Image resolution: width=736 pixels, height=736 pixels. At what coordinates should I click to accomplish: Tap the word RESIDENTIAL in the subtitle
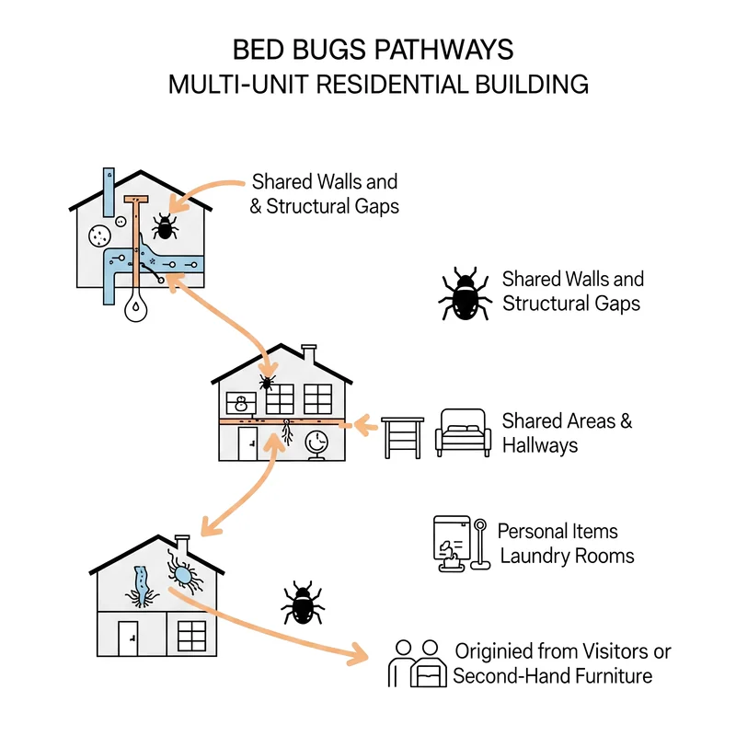coord(392,85)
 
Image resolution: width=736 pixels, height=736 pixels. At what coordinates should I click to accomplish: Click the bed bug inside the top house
coord(165,226)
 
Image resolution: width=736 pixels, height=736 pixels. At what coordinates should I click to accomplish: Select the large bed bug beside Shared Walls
coord(465,293)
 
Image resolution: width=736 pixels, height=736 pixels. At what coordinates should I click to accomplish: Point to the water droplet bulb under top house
coord(135,306)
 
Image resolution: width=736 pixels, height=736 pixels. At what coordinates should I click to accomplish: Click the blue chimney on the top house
coord(109,192)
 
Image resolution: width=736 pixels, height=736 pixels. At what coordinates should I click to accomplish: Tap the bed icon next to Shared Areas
coord(463,432)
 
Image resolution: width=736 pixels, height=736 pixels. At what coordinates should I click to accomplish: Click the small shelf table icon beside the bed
coord(402,438)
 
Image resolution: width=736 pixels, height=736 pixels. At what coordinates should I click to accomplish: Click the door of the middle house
coord(247,443)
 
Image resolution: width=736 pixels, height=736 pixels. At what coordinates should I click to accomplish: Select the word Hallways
coord(540,445)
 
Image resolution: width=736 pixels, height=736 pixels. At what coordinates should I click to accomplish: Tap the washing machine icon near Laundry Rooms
coord(452,543)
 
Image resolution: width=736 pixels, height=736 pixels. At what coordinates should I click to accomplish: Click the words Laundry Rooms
coord(567,557)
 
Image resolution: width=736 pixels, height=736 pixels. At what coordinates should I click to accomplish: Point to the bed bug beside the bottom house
coord(303,604)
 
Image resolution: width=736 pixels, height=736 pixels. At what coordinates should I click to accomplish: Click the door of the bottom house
coord(128,638)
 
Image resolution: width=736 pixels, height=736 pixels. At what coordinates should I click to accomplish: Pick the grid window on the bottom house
coord(191,636)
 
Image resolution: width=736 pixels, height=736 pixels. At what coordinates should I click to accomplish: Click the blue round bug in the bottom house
coord(183,573)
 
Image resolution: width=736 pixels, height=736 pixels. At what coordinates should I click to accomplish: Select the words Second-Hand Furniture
coord(553,676)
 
